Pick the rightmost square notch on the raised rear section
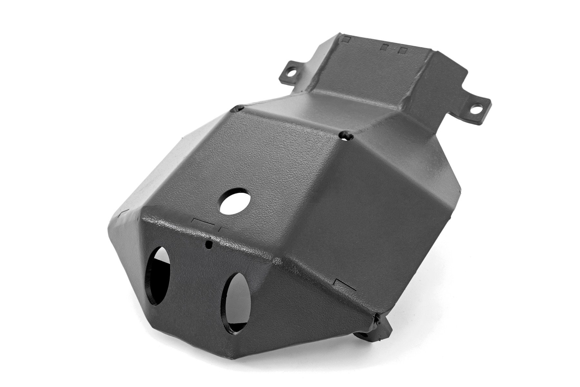point(402,51)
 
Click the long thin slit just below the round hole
point(202,223)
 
